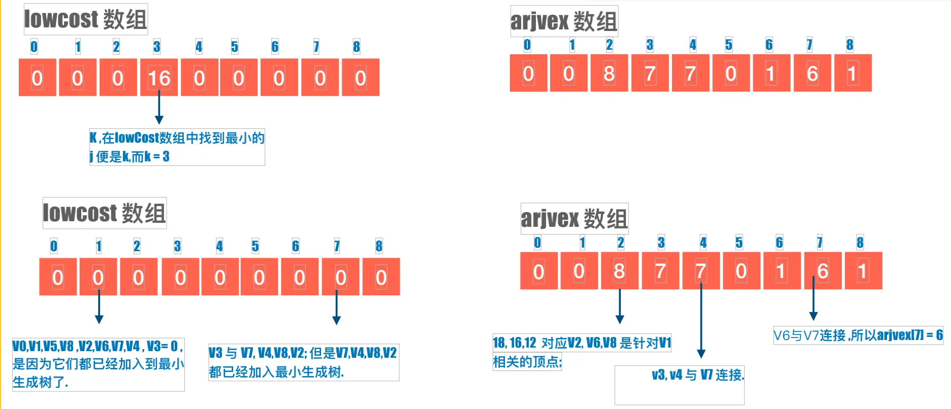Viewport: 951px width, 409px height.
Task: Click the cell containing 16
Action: [x=159, y=78]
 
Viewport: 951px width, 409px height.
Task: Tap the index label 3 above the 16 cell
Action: [x=157, y=47]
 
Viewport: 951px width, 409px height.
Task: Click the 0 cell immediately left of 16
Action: [x=118, y=78]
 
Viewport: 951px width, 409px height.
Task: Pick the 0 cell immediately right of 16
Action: [x=199, y=78]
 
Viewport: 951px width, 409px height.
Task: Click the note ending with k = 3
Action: [x=177, y=147]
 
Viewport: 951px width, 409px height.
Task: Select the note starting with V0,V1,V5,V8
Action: [x=98, y=364]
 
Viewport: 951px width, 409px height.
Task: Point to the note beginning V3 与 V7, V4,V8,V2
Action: [x=303, y=362]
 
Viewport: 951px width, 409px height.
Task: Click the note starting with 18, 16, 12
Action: [x=582, y=352]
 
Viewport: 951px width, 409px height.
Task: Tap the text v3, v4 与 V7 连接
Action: [x=698, y=375]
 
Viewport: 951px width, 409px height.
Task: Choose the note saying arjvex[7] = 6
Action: [x=858, y=335]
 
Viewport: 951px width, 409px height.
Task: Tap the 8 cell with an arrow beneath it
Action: [x=619, y=271]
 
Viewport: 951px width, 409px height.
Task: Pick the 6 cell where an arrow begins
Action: [x=822, y=271]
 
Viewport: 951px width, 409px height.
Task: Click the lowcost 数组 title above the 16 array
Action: [x=85, y=19]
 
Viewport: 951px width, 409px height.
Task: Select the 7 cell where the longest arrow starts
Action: [x=701, y=271]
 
